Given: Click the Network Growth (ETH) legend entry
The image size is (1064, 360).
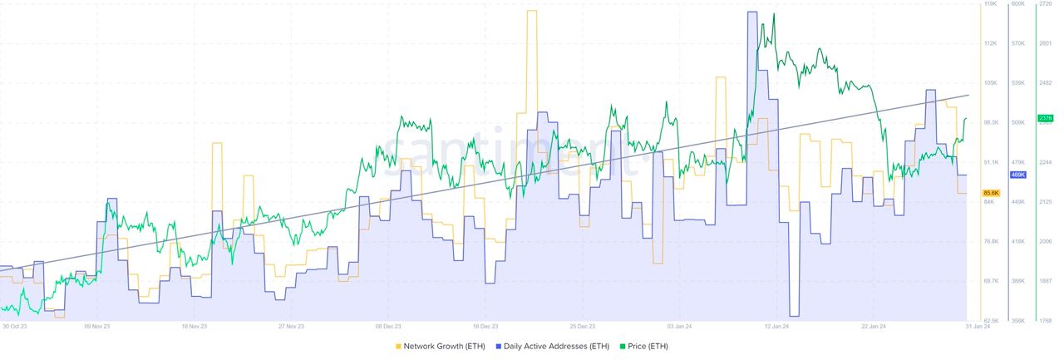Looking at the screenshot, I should point(440,346).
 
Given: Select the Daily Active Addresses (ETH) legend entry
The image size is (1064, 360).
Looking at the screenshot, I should point(552,346).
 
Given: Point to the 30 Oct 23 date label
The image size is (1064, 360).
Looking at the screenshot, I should point(15,327).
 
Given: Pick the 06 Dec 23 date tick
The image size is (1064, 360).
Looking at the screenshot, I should point(388,327).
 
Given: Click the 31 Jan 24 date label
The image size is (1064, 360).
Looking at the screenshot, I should point(977,327).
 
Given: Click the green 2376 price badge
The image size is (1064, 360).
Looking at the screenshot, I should point(1045,119).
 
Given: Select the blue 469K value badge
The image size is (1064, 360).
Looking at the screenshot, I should point(1017,175).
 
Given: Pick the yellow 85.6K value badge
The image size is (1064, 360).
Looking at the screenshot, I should point(990,193).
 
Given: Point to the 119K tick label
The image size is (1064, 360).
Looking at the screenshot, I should point(990,4).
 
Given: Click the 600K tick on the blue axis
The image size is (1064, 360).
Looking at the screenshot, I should point(1017,4).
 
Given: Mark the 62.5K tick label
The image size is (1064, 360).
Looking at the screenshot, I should point(991,321).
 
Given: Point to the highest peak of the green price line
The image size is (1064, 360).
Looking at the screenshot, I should point(774,14).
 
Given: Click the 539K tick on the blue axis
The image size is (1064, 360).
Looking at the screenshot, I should point(1017,83).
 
